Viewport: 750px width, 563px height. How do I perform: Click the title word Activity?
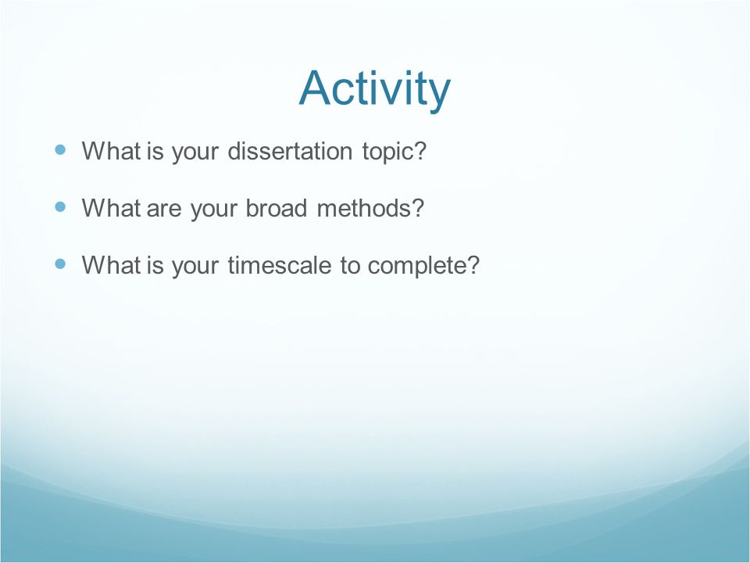click(374, 89)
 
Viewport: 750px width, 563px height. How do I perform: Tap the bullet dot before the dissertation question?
click(60, 150)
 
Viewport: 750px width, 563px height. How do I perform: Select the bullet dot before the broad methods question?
click(60, 206)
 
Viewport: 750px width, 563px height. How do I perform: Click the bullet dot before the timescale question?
click(60, 264)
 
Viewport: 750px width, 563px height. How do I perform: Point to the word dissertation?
click(290, 151)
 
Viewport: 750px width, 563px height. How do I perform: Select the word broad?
click(276, 208)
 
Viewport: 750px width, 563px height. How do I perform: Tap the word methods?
click(370, 208)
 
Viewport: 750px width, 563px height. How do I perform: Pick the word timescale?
click(280, 265)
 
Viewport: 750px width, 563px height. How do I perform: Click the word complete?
click(423, 266)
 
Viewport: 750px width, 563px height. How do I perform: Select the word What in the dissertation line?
click(111, 151)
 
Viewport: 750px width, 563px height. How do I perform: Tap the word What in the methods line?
click(111, 208)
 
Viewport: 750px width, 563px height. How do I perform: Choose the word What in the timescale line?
click(111, 265)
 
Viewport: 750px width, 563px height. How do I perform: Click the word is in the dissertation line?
click(155, 151)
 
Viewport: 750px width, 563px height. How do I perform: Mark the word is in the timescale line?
click(155, 265)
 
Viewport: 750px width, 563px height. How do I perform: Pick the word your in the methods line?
click(213, 210)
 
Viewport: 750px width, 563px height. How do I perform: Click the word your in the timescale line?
click(195, 268)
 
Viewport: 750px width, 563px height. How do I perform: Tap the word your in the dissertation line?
click(195, 154)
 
